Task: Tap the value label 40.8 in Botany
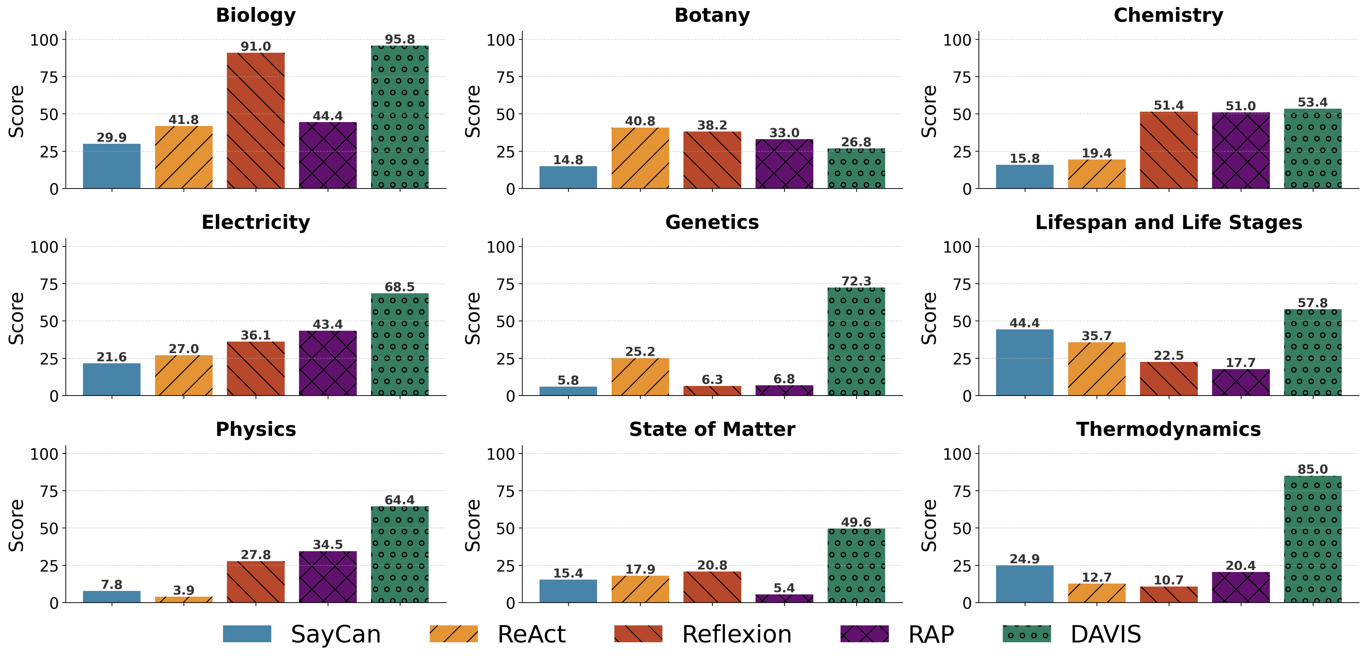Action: (640, 121)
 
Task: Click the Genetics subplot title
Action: (712, 222)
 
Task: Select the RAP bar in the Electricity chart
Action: (328, 363)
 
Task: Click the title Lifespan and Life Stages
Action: (1168, 222)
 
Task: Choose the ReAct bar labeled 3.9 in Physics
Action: (183, 599)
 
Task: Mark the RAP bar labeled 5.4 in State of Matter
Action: (784, 598)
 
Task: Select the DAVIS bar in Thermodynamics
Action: (1312, 539)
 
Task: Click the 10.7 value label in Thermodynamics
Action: (1168, 580)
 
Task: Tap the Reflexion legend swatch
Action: (638, 634)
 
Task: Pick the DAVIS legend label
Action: (1105, 634)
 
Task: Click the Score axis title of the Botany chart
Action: (473, 111)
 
